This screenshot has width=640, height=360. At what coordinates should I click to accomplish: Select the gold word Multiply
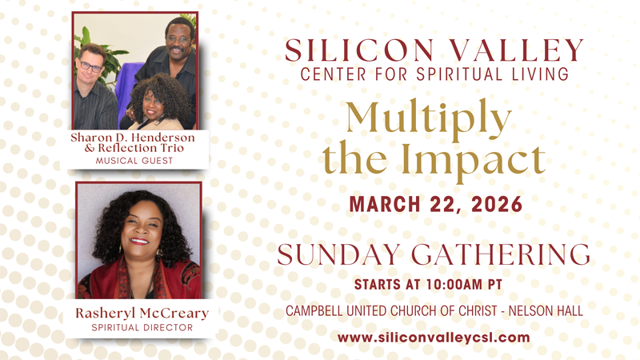(x=428, y=119)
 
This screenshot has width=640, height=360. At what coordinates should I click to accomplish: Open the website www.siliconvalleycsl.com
(x=434, y=337)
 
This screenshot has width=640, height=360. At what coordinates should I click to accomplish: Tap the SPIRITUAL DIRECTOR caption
(x=138, y=328)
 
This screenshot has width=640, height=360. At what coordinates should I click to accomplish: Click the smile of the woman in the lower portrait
(x=139, y=241)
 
